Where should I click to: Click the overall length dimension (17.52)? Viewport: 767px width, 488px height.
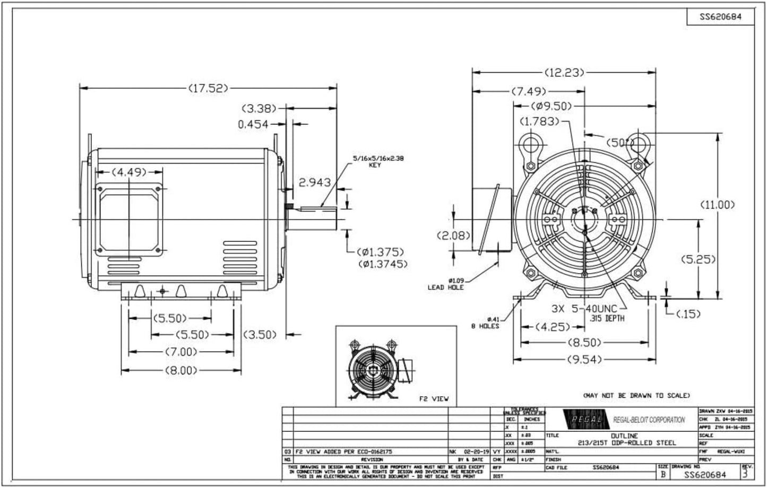(x=209, y=88)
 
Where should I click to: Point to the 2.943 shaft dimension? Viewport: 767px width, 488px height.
(x=315, y=182)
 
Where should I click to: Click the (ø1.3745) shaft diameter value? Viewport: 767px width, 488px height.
(x=381, y=264)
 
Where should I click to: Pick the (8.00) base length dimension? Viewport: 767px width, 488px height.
(x=180, y=370)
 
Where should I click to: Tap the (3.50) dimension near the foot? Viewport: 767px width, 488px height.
(x=261, y=334)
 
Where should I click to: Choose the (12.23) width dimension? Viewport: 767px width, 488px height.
(x=564, y=72)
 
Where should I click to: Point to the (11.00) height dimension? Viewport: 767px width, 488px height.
(x=717, y=204)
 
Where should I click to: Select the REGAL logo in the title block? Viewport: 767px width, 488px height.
(x=583, y=419)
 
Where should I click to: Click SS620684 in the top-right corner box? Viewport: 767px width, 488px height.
(x=720, y=17)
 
